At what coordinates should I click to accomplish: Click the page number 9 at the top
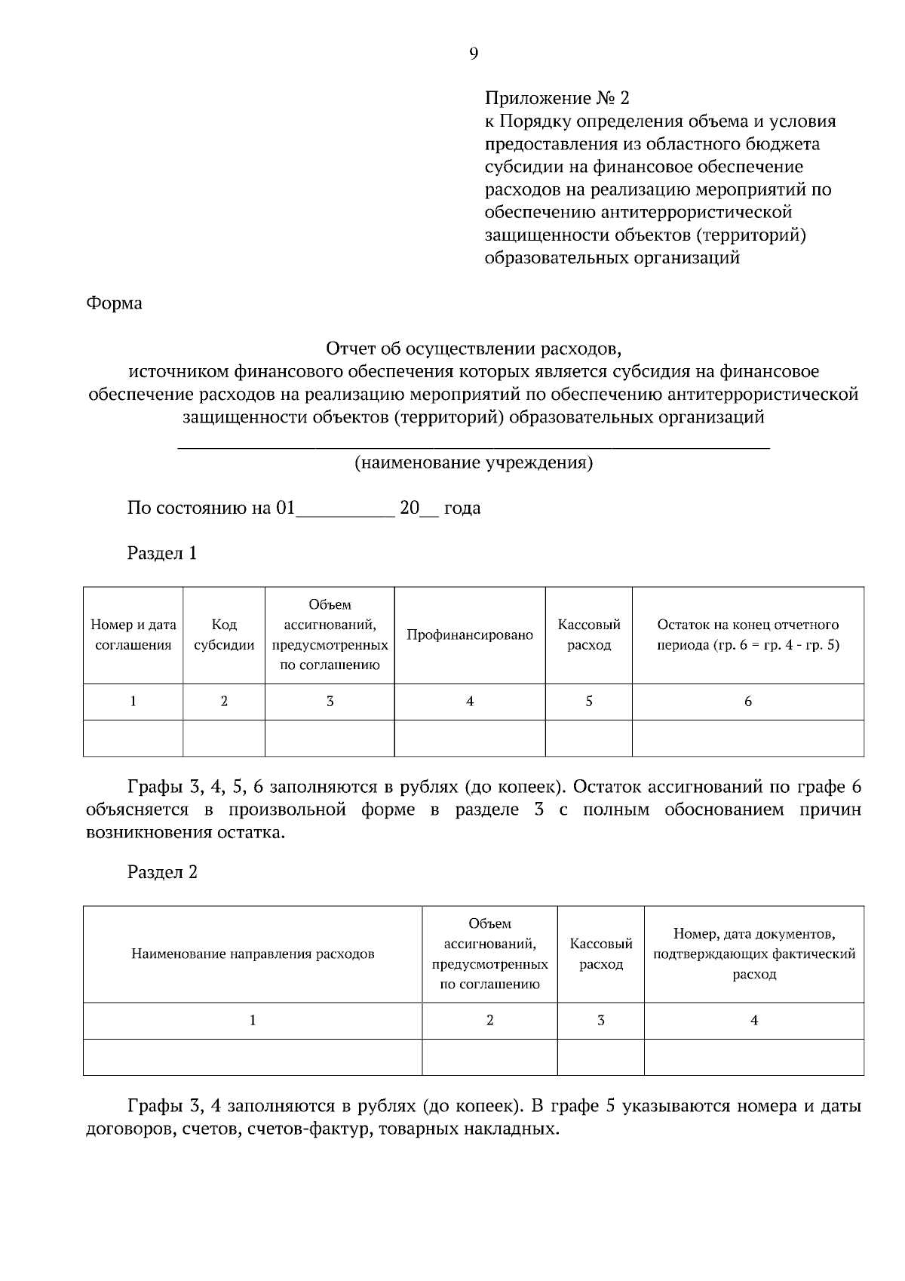(473, 53)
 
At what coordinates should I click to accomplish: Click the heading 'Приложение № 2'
(557, 98)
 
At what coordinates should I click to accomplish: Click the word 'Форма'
(114, 303)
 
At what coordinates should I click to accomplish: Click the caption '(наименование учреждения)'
(474, 462)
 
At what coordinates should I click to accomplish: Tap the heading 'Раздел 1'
(162, 553)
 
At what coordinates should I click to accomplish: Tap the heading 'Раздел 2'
(162, 872)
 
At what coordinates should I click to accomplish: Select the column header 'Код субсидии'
(224, 635)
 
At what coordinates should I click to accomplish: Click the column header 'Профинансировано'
(470, 635)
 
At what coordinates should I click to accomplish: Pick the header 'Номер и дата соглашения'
(133, 635)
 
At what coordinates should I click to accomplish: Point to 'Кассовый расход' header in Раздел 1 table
(589, 635)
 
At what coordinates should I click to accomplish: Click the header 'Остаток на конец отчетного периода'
(748, 635)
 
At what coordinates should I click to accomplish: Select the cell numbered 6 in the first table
(748, 702)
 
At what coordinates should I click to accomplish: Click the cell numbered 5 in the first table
(589, 702)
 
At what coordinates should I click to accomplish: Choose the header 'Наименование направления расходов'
(253, 954)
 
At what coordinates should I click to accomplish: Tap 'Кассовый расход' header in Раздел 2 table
(601, 954)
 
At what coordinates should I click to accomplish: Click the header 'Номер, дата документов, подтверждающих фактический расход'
(754, 954)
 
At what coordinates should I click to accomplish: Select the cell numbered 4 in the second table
(754, 1021)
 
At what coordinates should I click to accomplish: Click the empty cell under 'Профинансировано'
(470, 738)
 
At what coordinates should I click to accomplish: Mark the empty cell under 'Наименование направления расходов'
(253, 1057)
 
